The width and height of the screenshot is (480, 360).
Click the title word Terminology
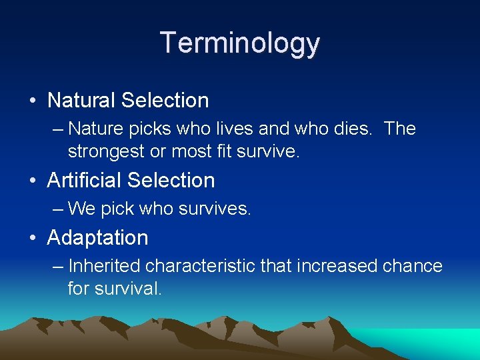pos(240,43)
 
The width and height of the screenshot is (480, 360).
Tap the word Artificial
pos(85,181)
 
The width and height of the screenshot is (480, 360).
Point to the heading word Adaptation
pos(97,237)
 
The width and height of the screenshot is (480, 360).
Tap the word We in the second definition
pos(81,209)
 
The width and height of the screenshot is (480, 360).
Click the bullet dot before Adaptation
pos(33,238)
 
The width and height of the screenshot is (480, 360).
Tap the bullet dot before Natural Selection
pos(33,101)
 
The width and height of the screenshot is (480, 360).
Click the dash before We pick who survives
pos(58,209)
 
